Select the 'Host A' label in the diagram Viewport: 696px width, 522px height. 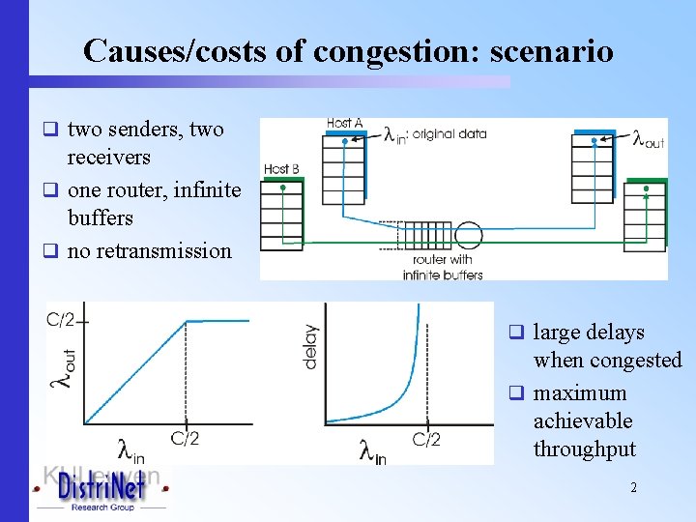point(344,124)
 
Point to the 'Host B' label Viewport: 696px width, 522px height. point(281,169)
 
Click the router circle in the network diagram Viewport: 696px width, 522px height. point(469,236)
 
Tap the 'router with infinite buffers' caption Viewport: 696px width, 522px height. point(442,268)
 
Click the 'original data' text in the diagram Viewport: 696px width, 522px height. point(449,134)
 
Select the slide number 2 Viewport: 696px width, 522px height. point(633,488)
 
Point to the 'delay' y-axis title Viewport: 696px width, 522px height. point(310,345)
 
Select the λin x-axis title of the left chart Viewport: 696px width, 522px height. point(130,449)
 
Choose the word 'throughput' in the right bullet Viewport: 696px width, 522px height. point(584,449)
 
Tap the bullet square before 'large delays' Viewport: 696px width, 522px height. point(517,333)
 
